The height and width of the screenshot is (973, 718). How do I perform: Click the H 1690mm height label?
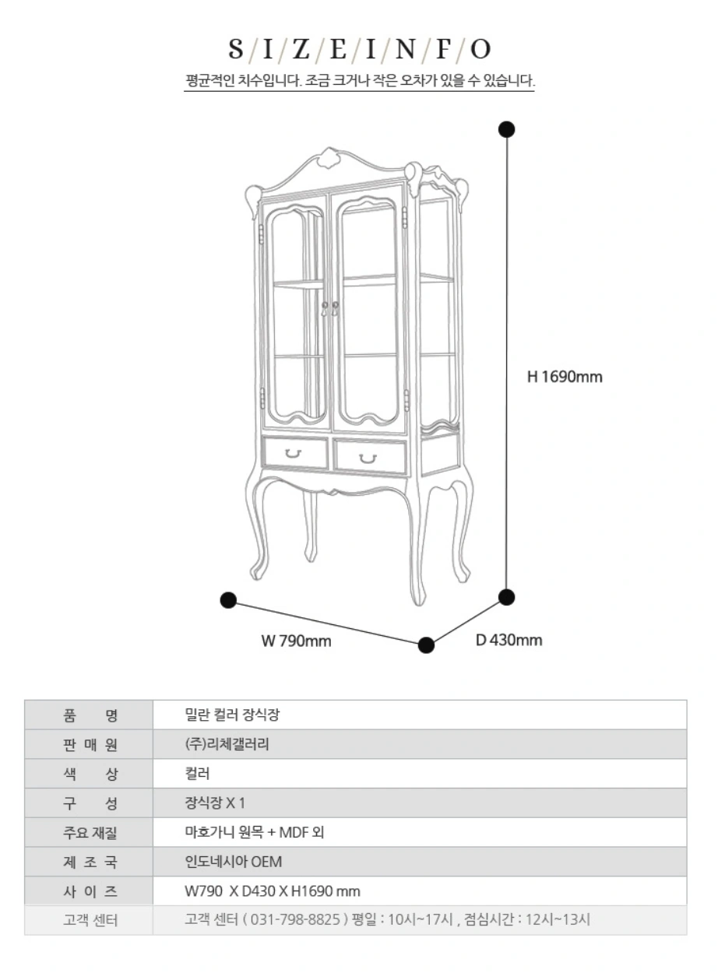(565, 377)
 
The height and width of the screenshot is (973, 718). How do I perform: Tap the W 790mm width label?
(296, 641)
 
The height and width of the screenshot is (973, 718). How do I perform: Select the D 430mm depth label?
(509, 640)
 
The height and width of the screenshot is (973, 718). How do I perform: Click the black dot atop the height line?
(507, 129)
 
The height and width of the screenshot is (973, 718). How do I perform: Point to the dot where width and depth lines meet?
(426, 645)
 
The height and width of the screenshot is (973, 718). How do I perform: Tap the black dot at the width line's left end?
(229, 600)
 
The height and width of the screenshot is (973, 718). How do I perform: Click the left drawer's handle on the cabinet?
(294, 454)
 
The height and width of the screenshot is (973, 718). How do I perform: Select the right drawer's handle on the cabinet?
(368, 458)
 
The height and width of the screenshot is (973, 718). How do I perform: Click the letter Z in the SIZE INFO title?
(301, 48)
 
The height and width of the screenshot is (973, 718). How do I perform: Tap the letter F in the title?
(442, 48)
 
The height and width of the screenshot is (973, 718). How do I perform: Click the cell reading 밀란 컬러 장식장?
(232, 715)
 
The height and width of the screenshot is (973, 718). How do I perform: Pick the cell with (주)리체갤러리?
(227, 744)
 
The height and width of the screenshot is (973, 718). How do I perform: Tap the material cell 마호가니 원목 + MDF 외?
(254, 832)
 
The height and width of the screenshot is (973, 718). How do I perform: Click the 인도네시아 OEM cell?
(234, 862)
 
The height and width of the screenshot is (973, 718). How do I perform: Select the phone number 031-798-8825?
(295, 919)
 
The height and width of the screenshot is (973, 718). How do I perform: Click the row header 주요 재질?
(90, 833)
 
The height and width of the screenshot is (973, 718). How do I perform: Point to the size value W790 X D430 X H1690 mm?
(273, 891)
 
